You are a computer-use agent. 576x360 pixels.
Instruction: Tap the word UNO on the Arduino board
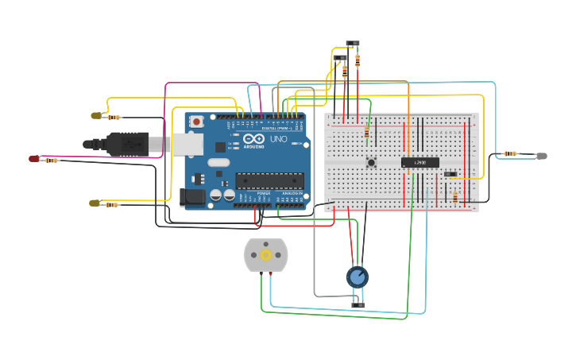(278, 139)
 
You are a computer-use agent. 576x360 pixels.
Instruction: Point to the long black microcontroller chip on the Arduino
(269, 180)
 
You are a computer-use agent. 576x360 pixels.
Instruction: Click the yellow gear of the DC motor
(266, 254)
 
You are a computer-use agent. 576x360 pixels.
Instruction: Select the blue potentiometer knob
(358, 277)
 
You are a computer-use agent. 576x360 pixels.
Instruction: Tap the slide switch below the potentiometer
(358, 304)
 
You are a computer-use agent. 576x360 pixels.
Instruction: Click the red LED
(34, 159)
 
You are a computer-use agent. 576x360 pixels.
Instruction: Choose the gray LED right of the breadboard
(542, 156)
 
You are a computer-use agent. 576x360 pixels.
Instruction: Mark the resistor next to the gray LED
(510, 153)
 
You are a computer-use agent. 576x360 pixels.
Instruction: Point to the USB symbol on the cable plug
(130, 143)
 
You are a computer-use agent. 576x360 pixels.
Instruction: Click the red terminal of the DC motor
(272, 273)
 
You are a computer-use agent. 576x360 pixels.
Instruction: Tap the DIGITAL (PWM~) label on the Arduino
(276, 129)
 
